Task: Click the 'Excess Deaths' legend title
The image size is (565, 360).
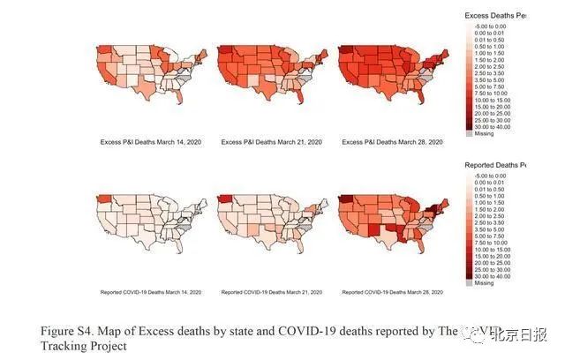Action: click(x=494, y=16)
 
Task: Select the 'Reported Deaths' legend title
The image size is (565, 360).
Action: click(x=494, y=164)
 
